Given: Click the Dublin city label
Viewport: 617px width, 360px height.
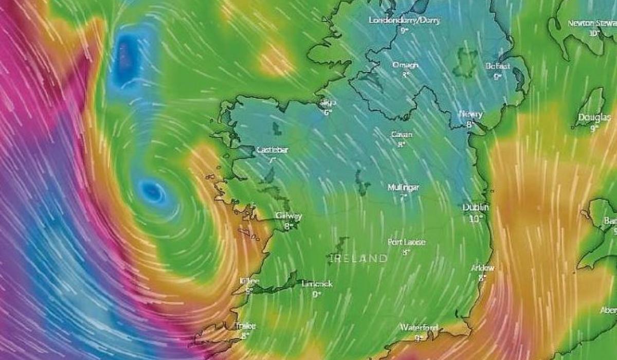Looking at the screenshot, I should [x=476, y=207].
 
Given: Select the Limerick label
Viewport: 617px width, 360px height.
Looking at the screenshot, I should [x=317, y=284].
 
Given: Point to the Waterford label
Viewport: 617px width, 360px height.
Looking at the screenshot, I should [x=420, y=328].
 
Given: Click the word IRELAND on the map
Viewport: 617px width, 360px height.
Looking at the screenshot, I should [x=358, y=258].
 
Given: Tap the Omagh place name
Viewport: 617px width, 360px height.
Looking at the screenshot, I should [x=405, y=65].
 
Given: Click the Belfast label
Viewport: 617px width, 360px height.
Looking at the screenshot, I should [x=497, y=66].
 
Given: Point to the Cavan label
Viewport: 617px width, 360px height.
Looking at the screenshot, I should [x=402, y=134].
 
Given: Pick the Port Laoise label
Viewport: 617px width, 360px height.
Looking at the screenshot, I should [x=406, y=242].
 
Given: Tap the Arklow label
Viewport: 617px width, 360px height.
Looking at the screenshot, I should [x=482, y=268].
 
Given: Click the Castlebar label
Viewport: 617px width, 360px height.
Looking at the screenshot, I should [x=272, y=150].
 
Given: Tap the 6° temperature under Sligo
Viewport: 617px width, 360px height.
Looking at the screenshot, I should [x=328, y=112].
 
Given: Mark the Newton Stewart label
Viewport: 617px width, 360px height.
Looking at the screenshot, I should [x=592, y=23].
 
